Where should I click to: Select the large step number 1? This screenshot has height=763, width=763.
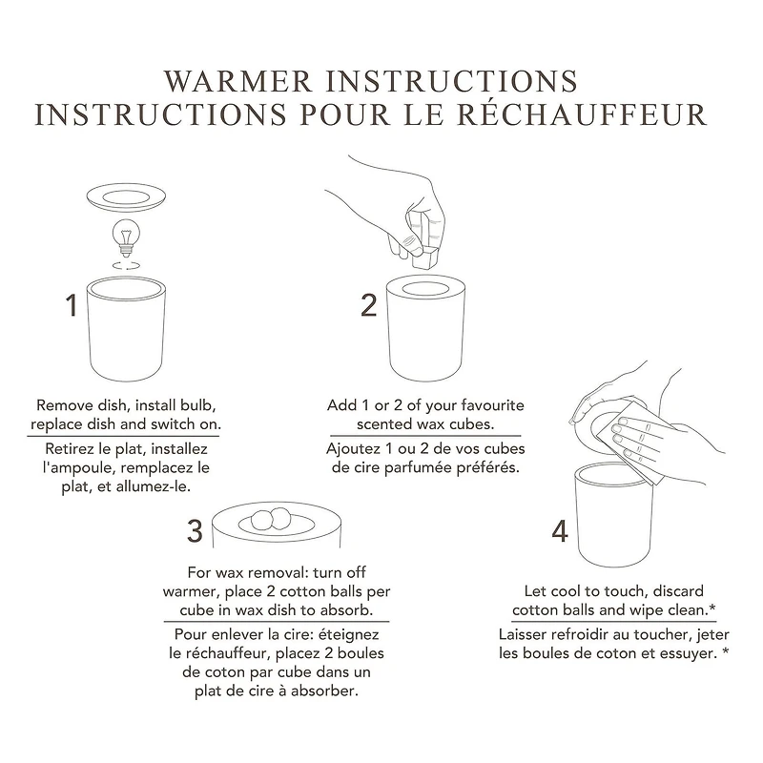tap(71, 305)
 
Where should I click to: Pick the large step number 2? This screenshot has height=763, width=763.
tap(369, 305)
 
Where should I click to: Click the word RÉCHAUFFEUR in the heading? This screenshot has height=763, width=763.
tap(592, 114)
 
